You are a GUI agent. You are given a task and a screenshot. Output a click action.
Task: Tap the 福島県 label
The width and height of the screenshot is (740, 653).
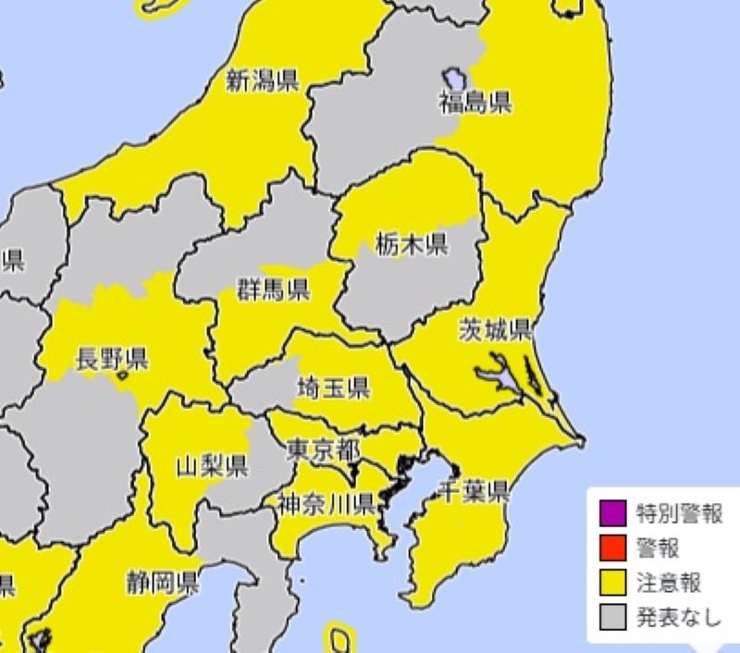point(475,103)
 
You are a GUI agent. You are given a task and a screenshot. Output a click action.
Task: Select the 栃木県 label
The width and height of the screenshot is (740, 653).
point(412,245)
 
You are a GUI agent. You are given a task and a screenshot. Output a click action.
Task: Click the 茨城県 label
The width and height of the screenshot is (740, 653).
point(495,329)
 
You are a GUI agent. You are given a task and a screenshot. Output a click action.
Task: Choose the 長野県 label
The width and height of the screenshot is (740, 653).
point(112,358)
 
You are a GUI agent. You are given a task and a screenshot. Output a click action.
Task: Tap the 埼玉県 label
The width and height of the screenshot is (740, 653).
point(334,388)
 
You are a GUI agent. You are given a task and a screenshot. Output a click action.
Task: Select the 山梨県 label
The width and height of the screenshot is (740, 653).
point(212,465)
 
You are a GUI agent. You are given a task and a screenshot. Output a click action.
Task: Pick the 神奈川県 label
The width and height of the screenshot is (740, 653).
point(327,504)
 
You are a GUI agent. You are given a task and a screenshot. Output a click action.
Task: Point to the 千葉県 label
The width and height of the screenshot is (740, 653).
point(475,491)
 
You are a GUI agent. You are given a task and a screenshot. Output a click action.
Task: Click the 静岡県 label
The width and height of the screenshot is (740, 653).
point(163,583)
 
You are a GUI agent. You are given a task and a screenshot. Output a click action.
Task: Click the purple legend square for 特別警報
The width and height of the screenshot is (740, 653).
point(612,512)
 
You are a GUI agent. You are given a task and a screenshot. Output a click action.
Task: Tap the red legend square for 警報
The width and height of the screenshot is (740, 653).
point(612,548)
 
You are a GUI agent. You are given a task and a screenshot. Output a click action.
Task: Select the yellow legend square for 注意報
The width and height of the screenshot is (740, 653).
point(612,583)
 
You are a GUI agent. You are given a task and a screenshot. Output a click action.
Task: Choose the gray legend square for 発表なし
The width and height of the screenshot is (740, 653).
point(612,617)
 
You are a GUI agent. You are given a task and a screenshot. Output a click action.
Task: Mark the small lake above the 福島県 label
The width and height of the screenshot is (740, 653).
point(452,75)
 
